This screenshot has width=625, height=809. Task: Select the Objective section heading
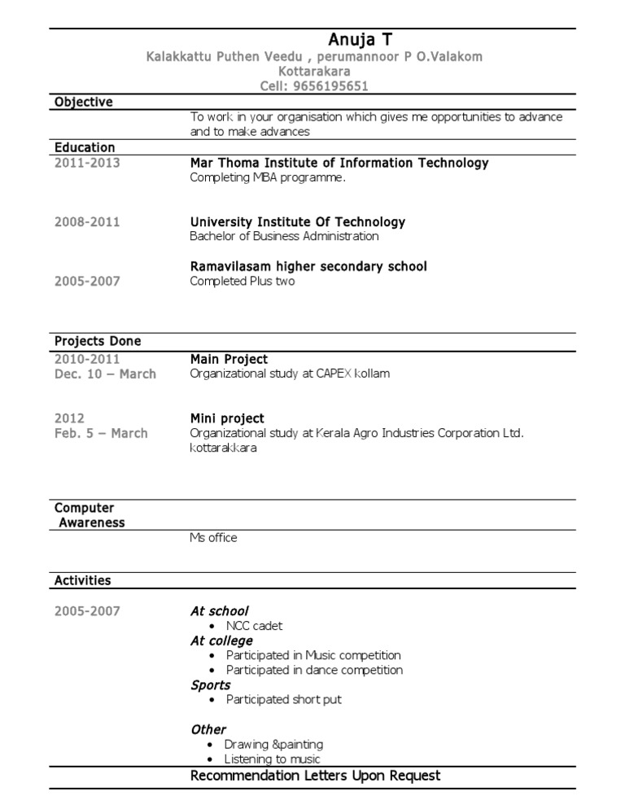tap(83, 102)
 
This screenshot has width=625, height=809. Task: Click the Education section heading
tap(85, 147)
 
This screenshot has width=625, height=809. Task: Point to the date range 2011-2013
tap(87, 163)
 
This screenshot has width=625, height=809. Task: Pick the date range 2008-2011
tap(87, 222)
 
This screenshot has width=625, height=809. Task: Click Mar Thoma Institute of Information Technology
tap(339, 163)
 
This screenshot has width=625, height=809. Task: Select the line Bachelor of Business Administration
tap(284, 237)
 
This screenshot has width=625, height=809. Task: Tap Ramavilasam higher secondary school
tap(308, 267)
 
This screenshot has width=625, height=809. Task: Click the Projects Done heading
tap(98, 341)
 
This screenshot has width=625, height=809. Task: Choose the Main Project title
tap(229, 360)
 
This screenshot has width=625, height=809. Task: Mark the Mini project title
tap(227, 419)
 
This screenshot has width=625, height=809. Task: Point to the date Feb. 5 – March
tap(101, 434)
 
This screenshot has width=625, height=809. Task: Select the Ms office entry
tap(213, 538)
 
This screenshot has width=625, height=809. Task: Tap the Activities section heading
tap(83, 581)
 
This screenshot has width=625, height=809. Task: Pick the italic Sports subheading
tap(211, 685)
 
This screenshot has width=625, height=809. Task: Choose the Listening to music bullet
tap(273, 759)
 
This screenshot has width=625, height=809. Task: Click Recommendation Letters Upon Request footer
tap(315, 776)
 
